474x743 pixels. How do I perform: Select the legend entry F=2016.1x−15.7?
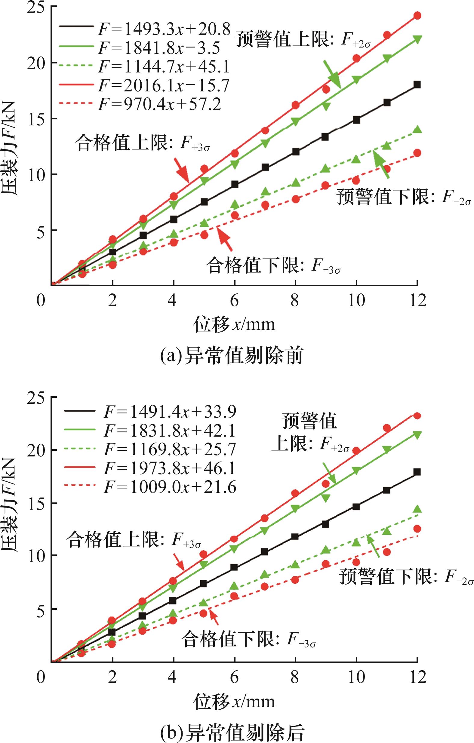[x=164, y=86]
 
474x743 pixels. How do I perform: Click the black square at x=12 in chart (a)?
[x=417, y=84]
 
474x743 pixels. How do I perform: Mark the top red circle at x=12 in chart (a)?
[x=417, y=16]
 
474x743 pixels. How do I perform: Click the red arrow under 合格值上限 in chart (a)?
[x=181, y=169]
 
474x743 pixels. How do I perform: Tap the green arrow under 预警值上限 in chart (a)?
[x=332, y=74]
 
